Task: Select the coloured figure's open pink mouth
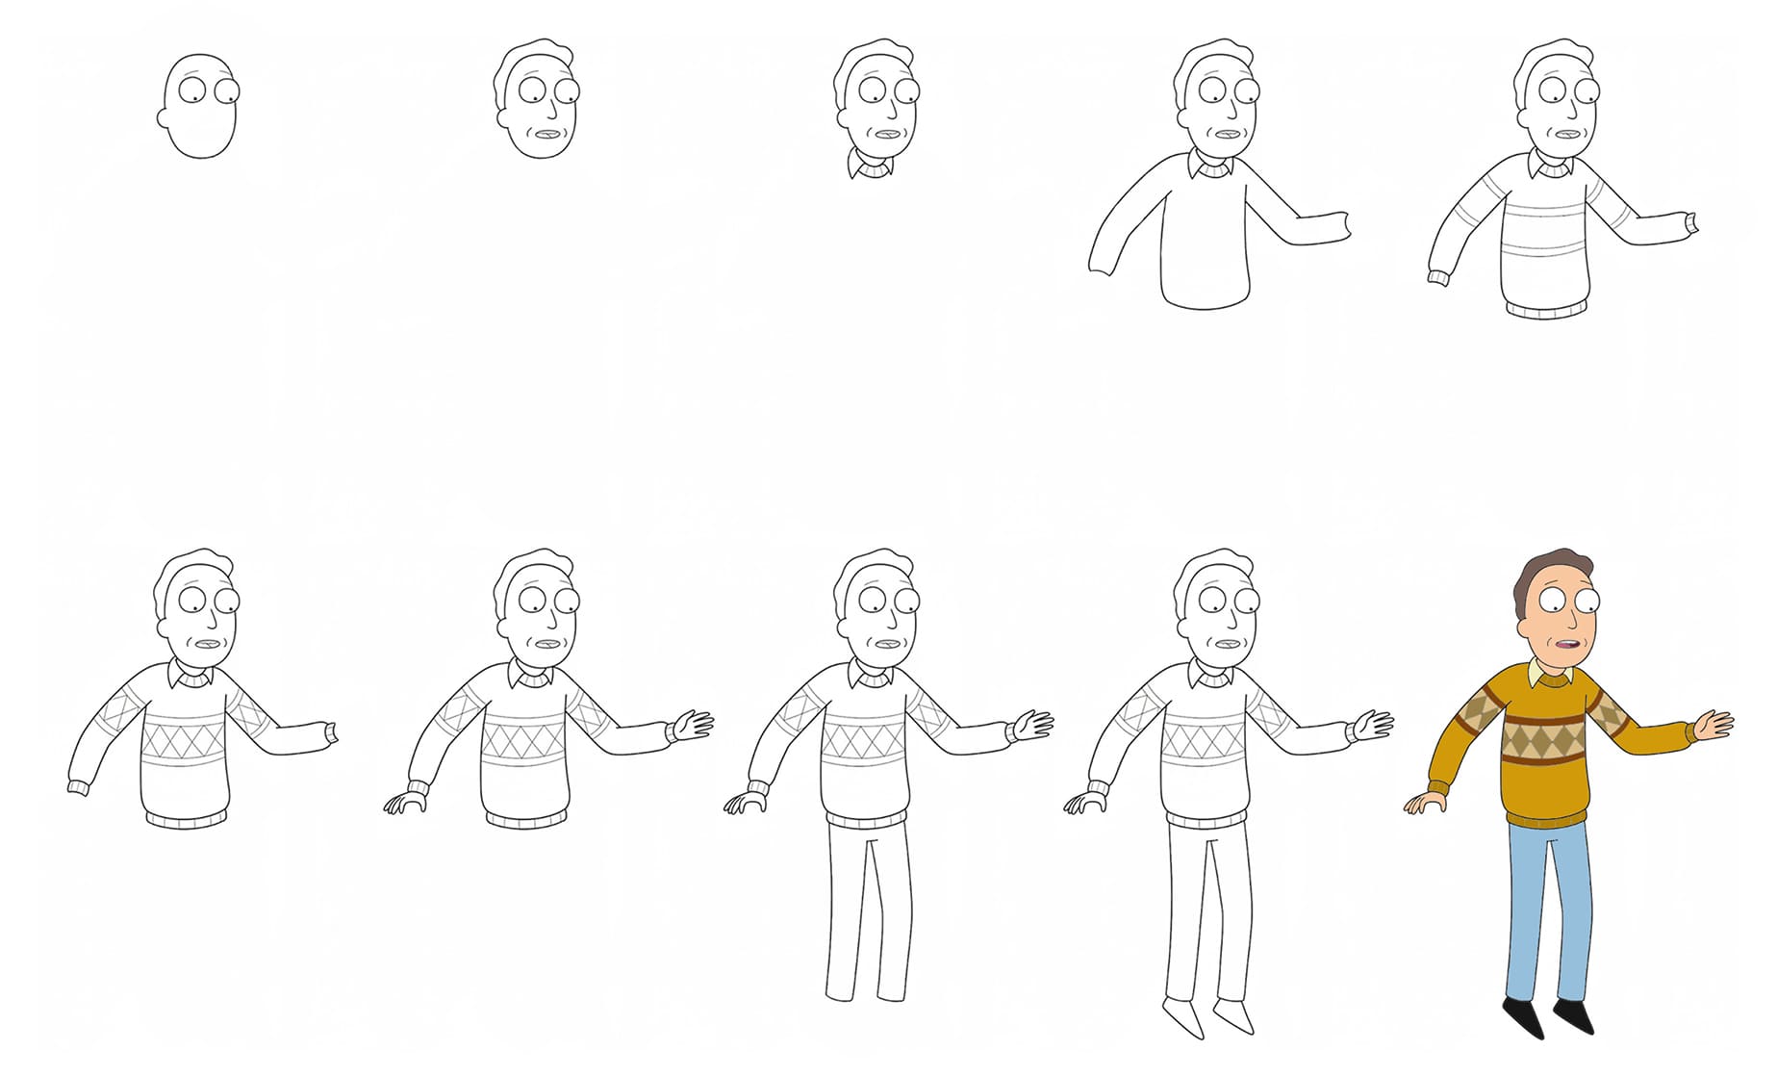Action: coord(1561,646)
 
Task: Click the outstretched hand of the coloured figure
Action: coord(1714,724)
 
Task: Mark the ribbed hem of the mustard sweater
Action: coord(1545,820)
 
